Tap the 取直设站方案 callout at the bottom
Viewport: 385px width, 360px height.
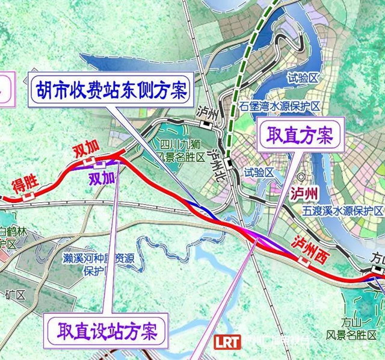[107, 331]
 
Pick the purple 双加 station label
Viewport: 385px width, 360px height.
[101, 178]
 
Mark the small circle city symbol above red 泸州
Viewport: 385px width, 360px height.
[300, 178]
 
